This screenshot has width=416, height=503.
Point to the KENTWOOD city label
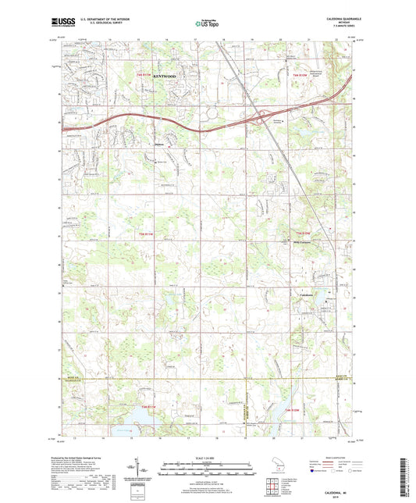coord(164,76)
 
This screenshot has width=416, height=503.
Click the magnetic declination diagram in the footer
coord(147,470)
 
